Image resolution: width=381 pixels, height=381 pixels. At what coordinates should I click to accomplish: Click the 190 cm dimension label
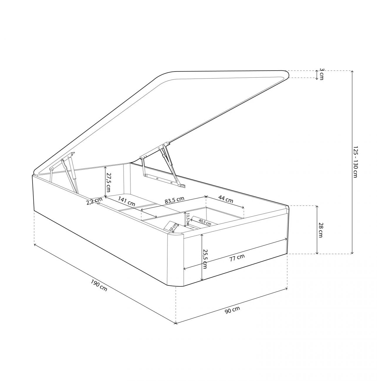click(99, 285)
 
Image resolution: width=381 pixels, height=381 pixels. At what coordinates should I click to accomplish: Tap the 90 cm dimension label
click(232, 310)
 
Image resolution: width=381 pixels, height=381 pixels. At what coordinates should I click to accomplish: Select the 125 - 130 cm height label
click(355, 162)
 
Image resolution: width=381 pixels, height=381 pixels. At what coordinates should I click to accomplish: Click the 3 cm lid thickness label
click(322, 74)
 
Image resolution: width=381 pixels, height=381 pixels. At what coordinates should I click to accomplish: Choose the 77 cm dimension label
click(237, 258)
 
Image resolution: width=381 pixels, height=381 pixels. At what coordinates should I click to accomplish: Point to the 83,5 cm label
click(174, 200)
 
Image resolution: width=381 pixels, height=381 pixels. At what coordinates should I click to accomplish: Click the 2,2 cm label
click(94, 201)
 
